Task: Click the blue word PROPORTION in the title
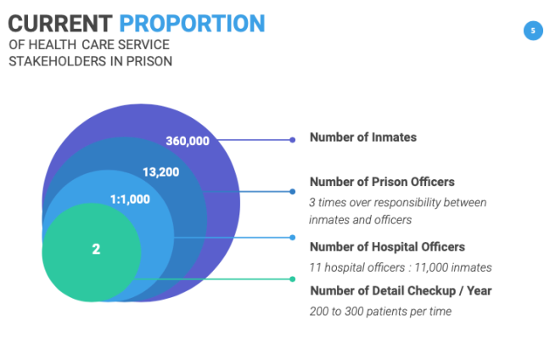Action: tap(191, 23)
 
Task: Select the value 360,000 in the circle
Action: tap(188, 141)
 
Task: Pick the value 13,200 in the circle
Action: tap(161, 172)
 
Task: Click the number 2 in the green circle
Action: tap(96, 249)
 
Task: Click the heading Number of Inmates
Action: tap(362, 138)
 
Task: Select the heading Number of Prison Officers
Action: tap(382, 182)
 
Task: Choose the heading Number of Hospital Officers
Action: tap(387, 247)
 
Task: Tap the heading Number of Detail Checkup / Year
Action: tap(400, 291)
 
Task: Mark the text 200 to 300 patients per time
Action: tap(379, 312)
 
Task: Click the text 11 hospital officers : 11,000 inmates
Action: tap(401, 267)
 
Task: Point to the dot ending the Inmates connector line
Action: tap(293, 140)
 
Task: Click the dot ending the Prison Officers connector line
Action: tap(293, 192)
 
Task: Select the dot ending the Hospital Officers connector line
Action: tap(293, 238)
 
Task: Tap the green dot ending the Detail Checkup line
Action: tap(293, 278)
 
